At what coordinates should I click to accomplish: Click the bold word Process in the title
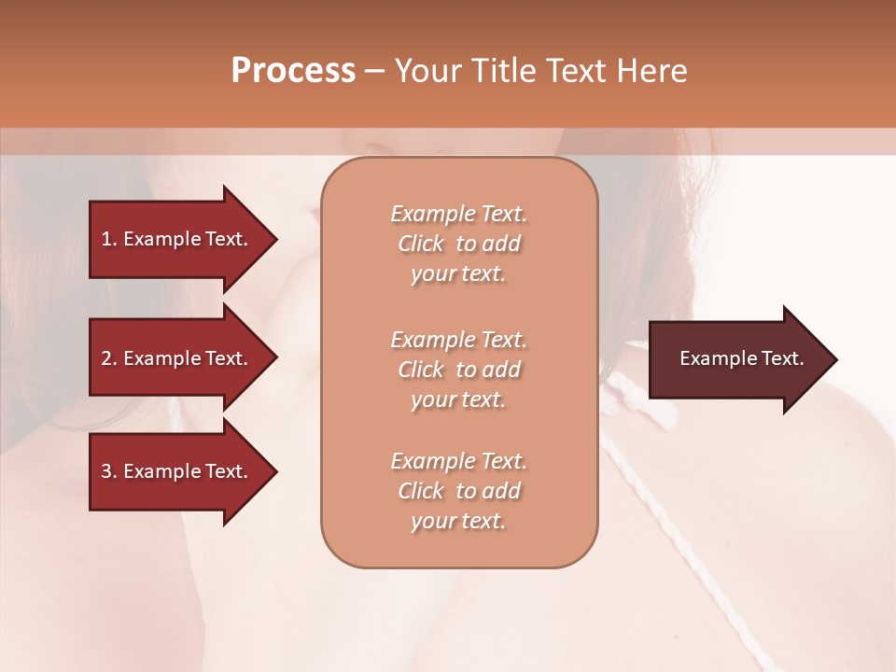pyautogui.click(x=293, y=71)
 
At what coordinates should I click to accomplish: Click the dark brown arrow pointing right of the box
pyautogui.click(x=737, y=359)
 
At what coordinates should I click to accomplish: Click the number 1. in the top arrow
pyautogui.click(x=109, y=239)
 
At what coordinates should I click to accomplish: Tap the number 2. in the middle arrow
pyautogui.click(x=109, y=358)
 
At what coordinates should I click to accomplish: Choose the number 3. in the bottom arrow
pyautogui.click(x=109, y=471)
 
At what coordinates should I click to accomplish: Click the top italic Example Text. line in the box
pyautogui.click(x=458, y=214)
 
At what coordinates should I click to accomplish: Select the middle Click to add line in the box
pyautogui.click(x=458, y=370)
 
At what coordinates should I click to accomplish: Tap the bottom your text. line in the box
pyautogui.click(x=458, y=521)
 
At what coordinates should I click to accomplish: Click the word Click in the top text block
pyautogui.click(x=421, y=244)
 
